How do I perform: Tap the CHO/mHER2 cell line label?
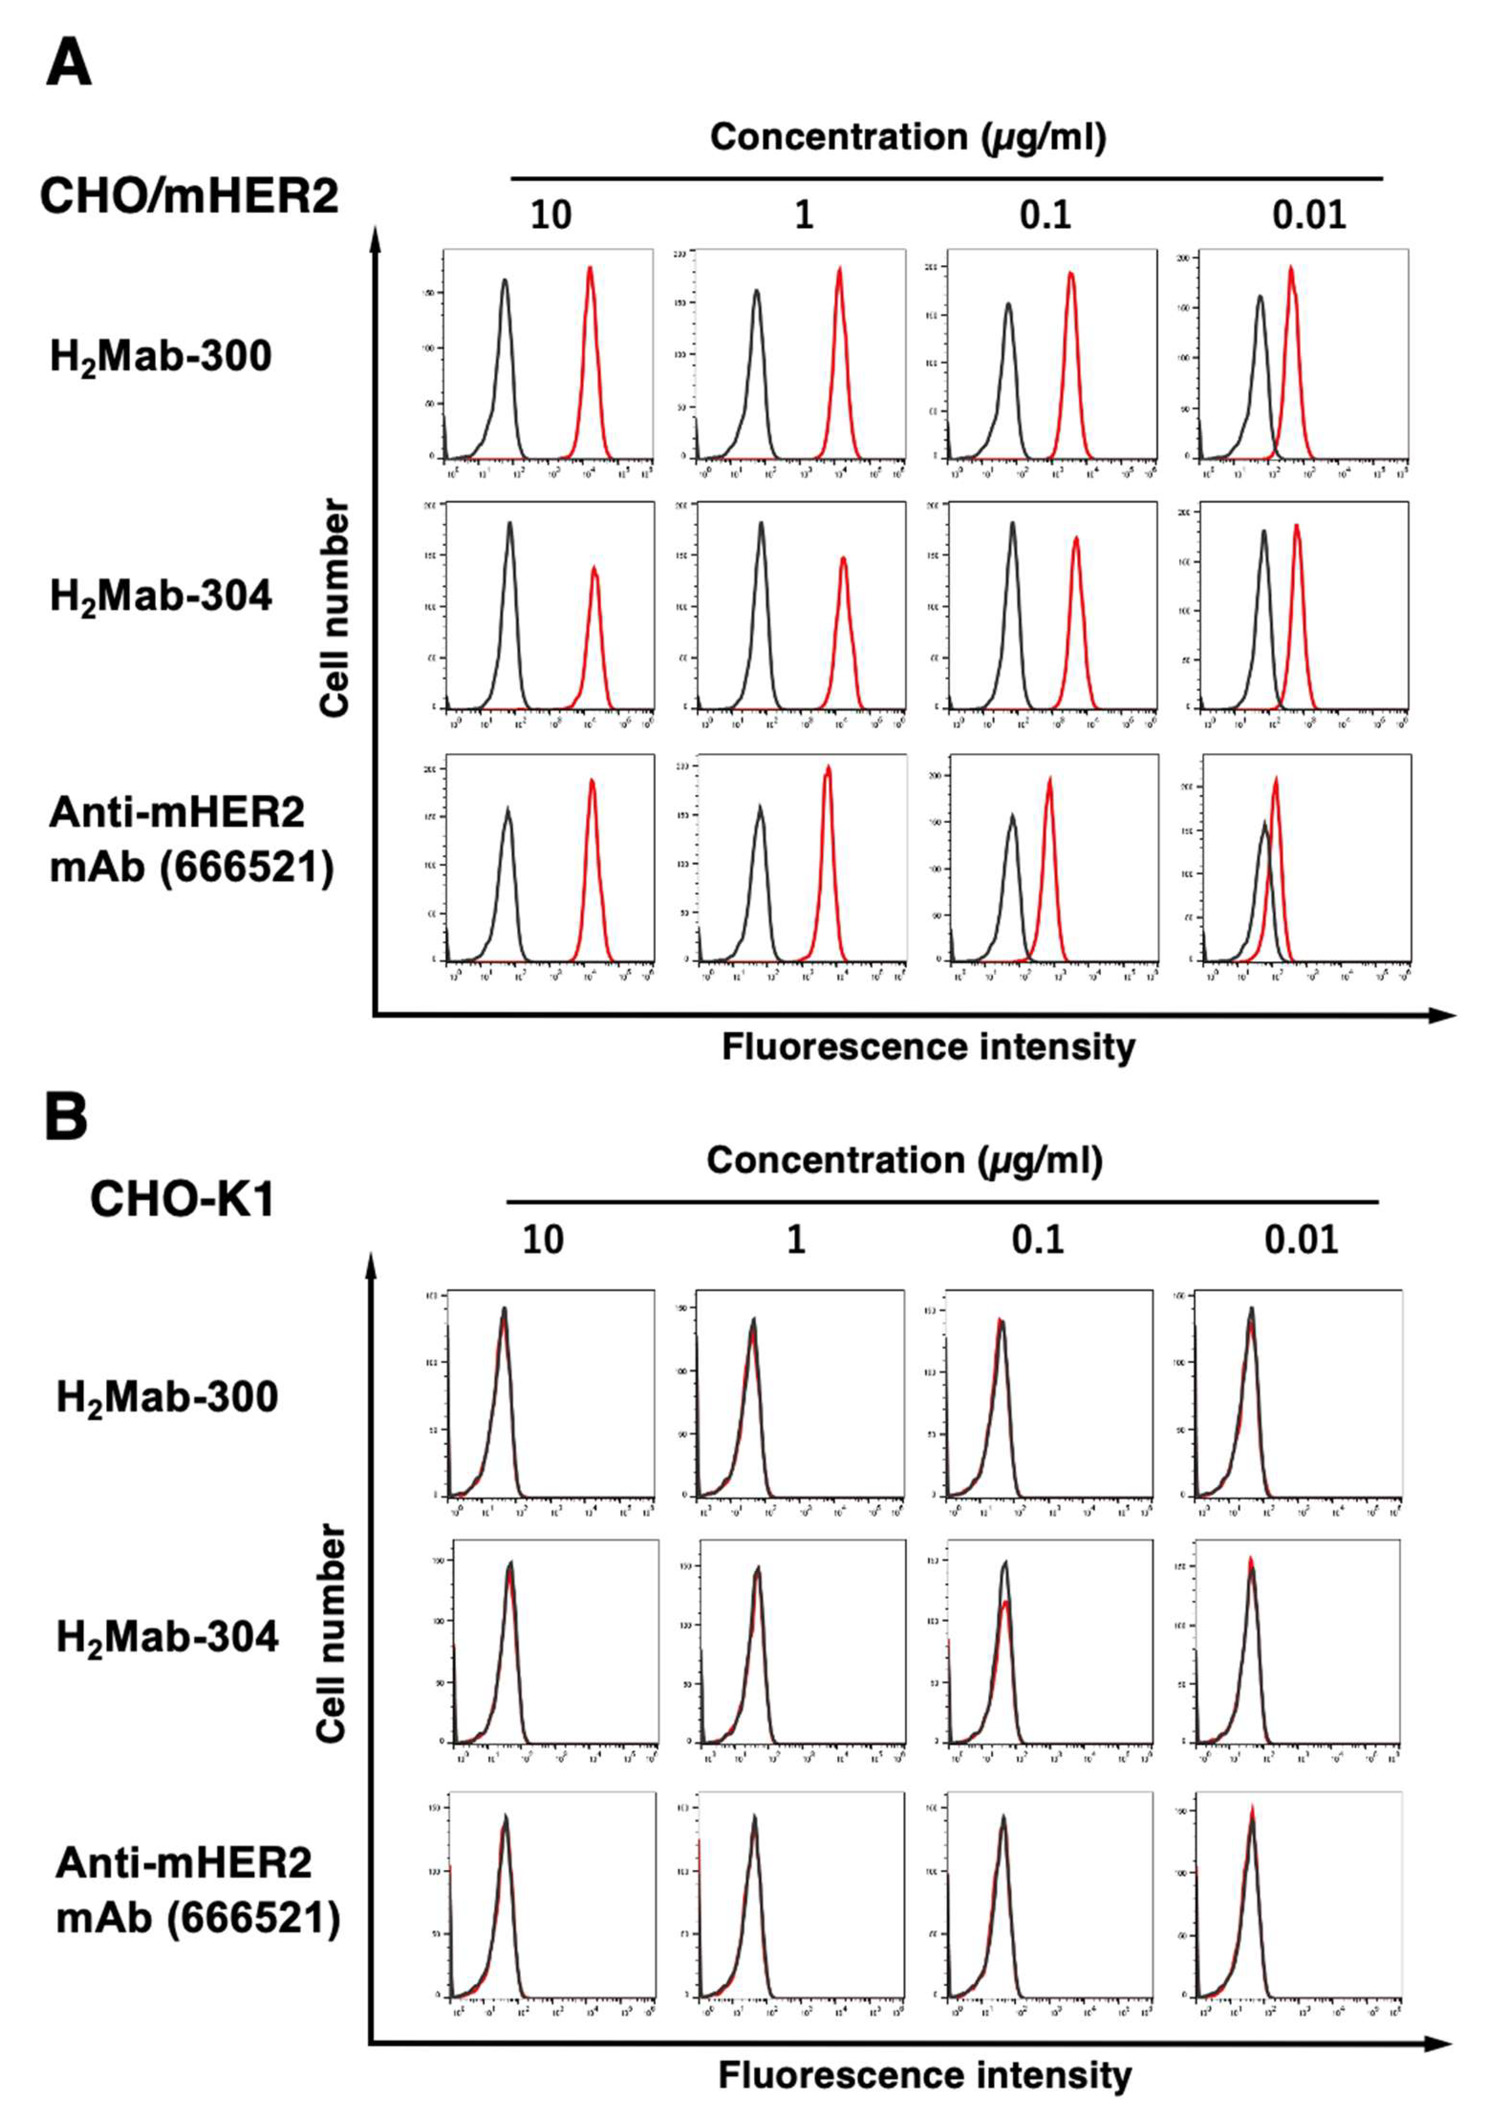(189, 197)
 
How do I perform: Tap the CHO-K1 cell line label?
(182, 1200)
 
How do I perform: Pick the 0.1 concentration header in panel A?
(1045, 215)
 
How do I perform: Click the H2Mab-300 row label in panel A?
(161, 357)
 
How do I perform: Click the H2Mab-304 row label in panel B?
(167, 1637)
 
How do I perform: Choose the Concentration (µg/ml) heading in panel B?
(904, 1160)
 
